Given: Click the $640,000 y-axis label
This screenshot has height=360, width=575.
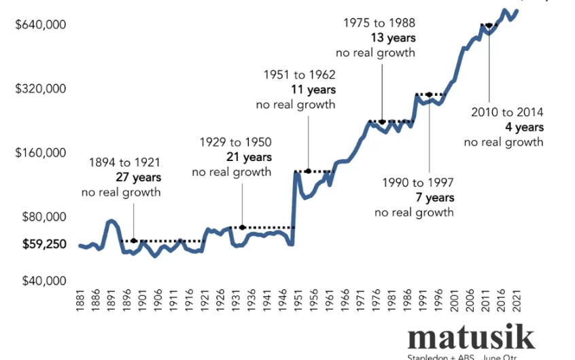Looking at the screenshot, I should click(40, 25).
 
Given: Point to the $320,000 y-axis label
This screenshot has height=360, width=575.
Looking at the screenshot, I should click(40, 89).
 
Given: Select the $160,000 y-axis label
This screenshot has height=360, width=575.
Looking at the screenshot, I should click(40, 153).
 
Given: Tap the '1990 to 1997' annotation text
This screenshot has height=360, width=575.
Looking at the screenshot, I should click(414, 183).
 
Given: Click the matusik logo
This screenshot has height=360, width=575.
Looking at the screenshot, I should click(470, 337).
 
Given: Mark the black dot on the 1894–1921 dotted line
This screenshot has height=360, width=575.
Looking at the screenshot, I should click(134, 240).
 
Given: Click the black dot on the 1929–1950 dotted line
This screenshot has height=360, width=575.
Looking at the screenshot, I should click(242, 227).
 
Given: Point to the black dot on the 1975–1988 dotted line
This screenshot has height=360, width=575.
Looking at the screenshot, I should click(383, 122).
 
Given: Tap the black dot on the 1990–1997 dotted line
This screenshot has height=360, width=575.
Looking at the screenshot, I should click(429, 94).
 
